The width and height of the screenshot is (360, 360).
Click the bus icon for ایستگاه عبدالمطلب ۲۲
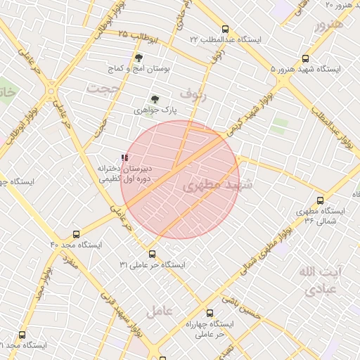pos(225,30)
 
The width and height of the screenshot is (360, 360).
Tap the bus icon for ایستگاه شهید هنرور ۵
pos(304,59)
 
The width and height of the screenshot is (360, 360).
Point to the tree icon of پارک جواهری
pos(155,100)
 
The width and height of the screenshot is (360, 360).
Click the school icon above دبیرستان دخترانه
pos(124,158)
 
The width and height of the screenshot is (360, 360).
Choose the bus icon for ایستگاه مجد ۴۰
pos(76,234)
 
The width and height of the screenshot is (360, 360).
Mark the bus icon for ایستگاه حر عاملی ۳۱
pos(152,254)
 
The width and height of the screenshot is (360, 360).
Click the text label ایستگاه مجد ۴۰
pos(76,245)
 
